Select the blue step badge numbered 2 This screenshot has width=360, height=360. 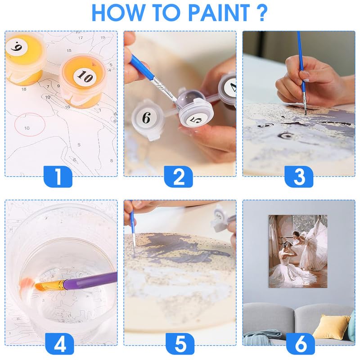click(179, 176)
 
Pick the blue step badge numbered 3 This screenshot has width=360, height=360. click(299, 176)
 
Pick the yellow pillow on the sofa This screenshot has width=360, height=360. click(331, 327)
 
